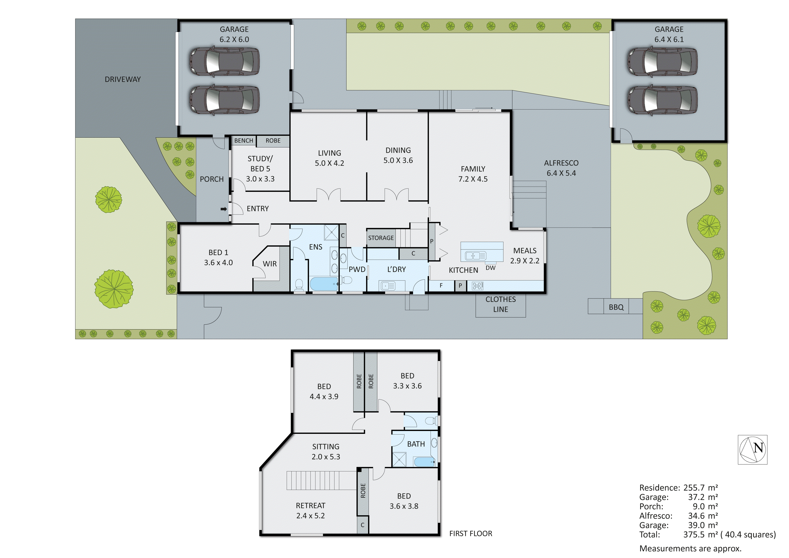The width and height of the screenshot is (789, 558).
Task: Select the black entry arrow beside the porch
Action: (x=223, y=209)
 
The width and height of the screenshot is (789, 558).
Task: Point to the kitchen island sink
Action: (x=476, y=256)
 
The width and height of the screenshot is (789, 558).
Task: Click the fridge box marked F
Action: (x=441, y=285)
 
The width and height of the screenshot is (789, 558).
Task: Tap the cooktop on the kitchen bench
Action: (x=478, y=285)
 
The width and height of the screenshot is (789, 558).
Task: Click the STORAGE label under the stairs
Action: (x=381, y=238)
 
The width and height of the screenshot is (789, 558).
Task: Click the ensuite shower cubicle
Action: (x=332, y=233)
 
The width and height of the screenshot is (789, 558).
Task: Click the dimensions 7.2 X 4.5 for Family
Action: (x=473, y=179)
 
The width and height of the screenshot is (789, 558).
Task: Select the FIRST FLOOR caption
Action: (x=470, y=533)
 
